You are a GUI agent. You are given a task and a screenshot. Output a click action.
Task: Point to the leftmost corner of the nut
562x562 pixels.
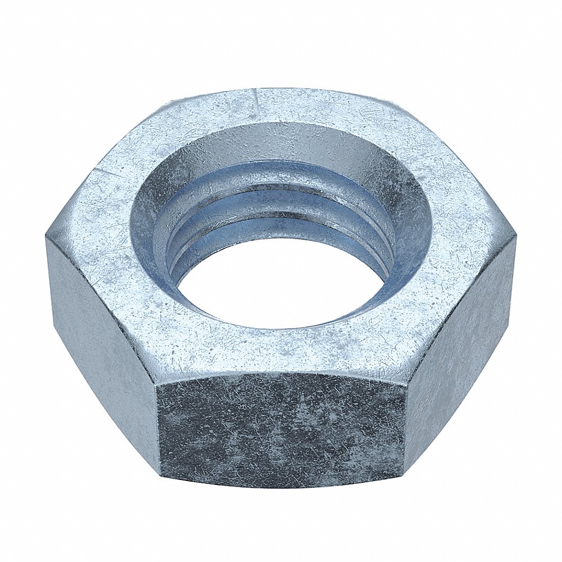tap(46, 239)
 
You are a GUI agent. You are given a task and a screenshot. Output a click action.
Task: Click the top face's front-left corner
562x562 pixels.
tap(157, 374)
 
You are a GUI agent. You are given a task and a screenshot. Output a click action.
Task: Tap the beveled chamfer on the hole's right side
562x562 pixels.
tap(402, 225)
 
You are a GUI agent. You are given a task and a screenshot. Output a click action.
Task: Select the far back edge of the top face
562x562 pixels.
tap(281, 90)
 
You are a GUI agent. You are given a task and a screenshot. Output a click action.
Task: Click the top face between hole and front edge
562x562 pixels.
tap(281, 351)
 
